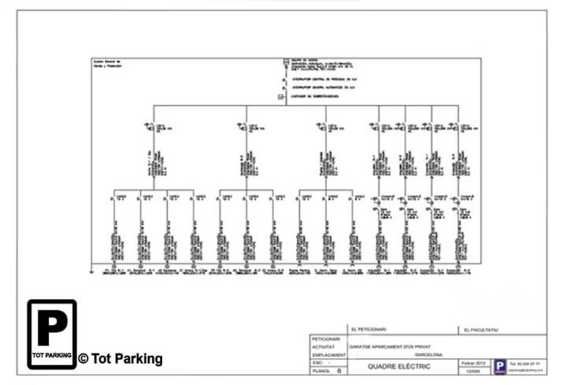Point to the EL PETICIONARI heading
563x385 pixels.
(369, 330)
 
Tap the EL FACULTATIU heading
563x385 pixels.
(481, 330)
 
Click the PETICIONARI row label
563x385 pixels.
(325, 339)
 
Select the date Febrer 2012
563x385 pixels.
(476, 362)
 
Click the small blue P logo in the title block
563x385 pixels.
(499, 367)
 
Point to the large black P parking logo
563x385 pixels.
(52, 329)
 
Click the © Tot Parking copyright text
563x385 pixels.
(120, 359)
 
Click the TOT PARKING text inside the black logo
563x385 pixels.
(52, 356)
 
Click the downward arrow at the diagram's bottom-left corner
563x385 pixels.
(90, 271)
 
